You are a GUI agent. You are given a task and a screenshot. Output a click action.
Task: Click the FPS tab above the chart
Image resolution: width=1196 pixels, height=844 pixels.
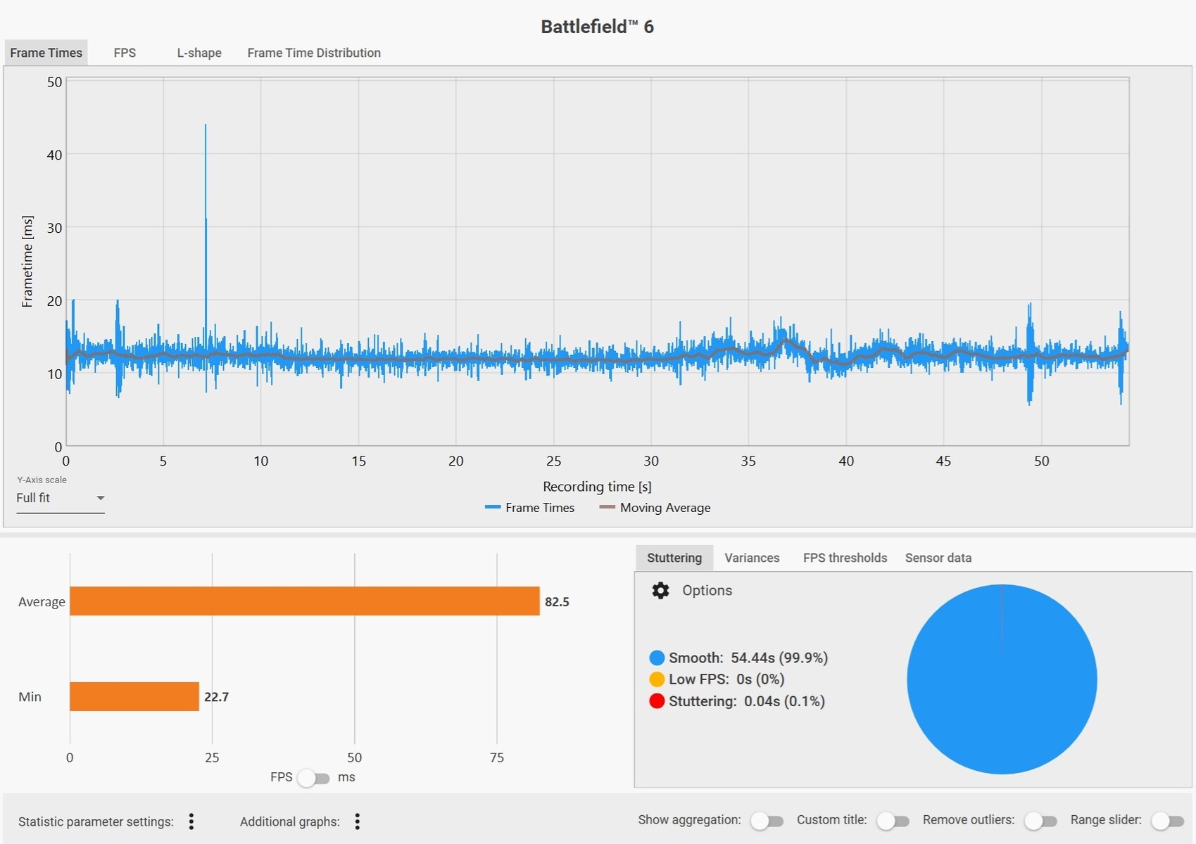125,53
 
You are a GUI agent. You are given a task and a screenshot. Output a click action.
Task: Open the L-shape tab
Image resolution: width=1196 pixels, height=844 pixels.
199,53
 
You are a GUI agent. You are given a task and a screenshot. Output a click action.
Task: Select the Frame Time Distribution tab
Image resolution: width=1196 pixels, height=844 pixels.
314,53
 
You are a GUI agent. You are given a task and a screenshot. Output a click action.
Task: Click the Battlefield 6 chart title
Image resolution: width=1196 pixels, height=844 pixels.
597,27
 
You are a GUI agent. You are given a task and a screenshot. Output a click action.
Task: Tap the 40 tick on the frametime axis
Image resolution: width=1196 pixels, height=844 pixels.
54,155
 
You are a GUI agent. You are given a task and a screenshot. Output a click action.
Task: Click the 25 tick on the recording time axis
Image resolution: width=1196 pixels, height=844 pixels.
554,461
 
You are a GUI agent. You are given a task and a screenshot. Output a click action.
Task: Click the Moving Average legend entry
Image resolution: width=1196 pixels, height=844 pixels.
655,508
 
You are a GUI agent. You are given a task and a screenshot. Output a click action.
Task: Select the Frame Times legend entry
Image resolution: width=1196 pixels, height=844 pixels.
530,508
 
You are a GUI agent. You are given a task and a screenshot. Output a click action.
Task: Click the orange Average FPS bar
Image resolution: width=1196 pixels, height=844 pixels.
304,601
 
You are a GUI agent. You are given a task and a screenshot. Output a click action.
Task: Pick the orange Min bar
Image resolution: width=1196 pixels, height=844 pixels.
134,696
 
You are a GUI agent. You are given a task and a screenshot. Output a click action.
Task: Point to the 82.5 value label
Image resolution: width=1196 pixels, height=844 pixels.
557,602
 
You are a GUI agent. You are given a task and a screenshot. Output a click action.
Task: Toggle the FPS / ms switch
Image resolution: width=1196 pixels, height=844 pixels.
314,778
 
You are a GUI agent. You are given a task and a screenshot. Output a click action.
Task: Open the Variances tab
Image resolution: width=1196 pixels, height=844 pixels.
752,558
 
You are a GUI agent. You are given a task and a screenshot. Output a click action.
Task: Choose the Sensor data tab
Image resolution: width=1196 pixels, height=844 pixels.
938,558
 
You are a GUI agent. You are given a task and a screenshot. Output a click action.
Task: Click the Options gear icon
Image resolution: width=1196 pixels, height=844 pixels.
660,591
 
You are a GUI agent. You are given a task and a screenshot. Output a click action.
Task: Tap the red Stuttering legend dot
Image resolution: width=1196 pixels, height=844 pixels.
657,701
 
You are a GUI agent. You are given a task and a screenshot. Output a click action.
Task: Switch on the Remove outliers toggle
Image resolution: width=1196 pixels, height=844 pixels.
1040,821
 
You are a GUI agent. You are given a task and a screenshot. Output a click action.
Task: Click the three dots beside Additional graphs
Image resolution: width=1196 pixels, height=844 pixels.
358,821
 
